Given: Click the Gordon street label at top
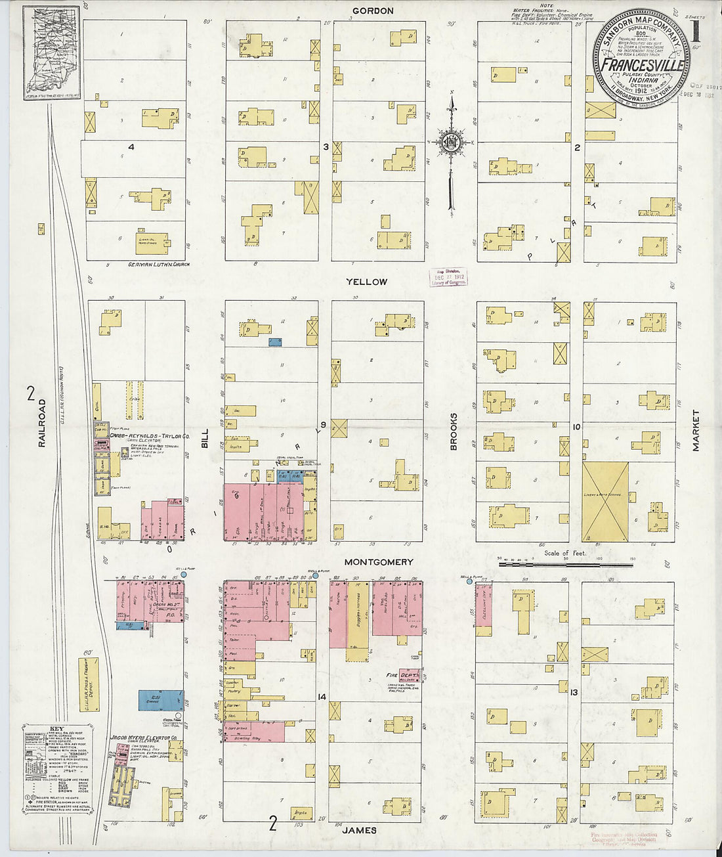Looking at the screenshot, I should pyautogui.click(x=373, y=11).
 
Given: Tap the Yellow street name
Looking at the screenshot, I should pyautogui.click(x=367, y=282).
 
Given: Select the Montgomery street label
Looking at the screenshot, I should pyautogui.click(x=379, y=562).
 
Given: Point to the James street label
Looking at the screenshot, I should pyautogui.click(x=360, y=830).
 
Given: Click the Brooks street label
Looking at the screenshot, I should pyautogui.click(x=454, y=431).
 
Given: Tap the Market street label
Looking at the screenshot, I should pyautogui.click(x=695, y=431).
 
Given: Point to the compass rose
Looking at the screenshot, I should pyautogui.click(x=452, y=141).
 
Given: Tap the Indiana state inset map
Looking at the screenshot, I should pyautogui.click(x=52, y=53).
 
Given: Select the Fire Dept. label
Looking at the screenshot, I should pyautogui.click(x=401, y=675).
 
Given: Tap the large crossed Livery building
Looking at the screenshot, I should pyautogui.click(x=605, y=502).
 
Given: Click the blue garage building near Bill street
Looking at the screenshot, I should pyautogui.click(x=161, y=699).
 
